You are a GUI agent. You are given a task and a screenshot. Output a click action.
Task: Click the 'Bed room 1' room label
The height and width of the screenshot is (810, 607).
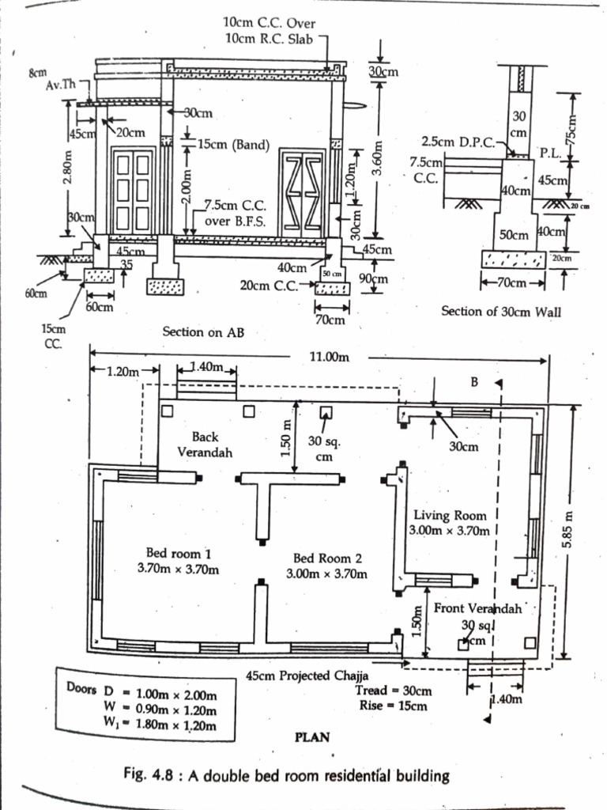[179, 552]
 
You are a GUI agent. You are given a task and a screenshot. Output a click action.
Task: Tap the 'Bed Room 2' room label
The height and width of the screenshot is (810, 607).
[326, 558]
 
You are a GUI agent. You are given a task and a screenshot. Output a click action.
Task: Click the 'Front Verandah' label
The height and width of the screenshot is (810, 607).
[478, 608]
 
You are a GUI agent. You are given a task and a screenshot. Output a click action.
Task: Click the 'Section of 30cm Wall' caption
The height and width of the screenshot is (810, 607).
[501, 311]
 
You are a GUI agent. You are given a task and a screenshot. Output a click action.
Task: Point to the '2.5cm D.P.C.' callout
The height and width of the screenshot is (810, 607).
[456, 142]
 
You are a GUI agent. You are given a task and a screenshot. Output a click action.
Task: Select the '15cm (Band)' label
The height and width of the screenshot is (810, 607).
[233, 146]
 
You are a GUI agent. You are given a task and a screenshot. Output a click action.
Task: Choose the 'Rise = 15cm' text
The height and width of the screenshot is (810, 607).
[391, 706]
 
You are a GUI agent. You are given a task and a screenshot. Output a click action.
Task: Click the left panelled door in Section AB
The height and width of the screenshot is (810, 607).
[132, 189]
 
